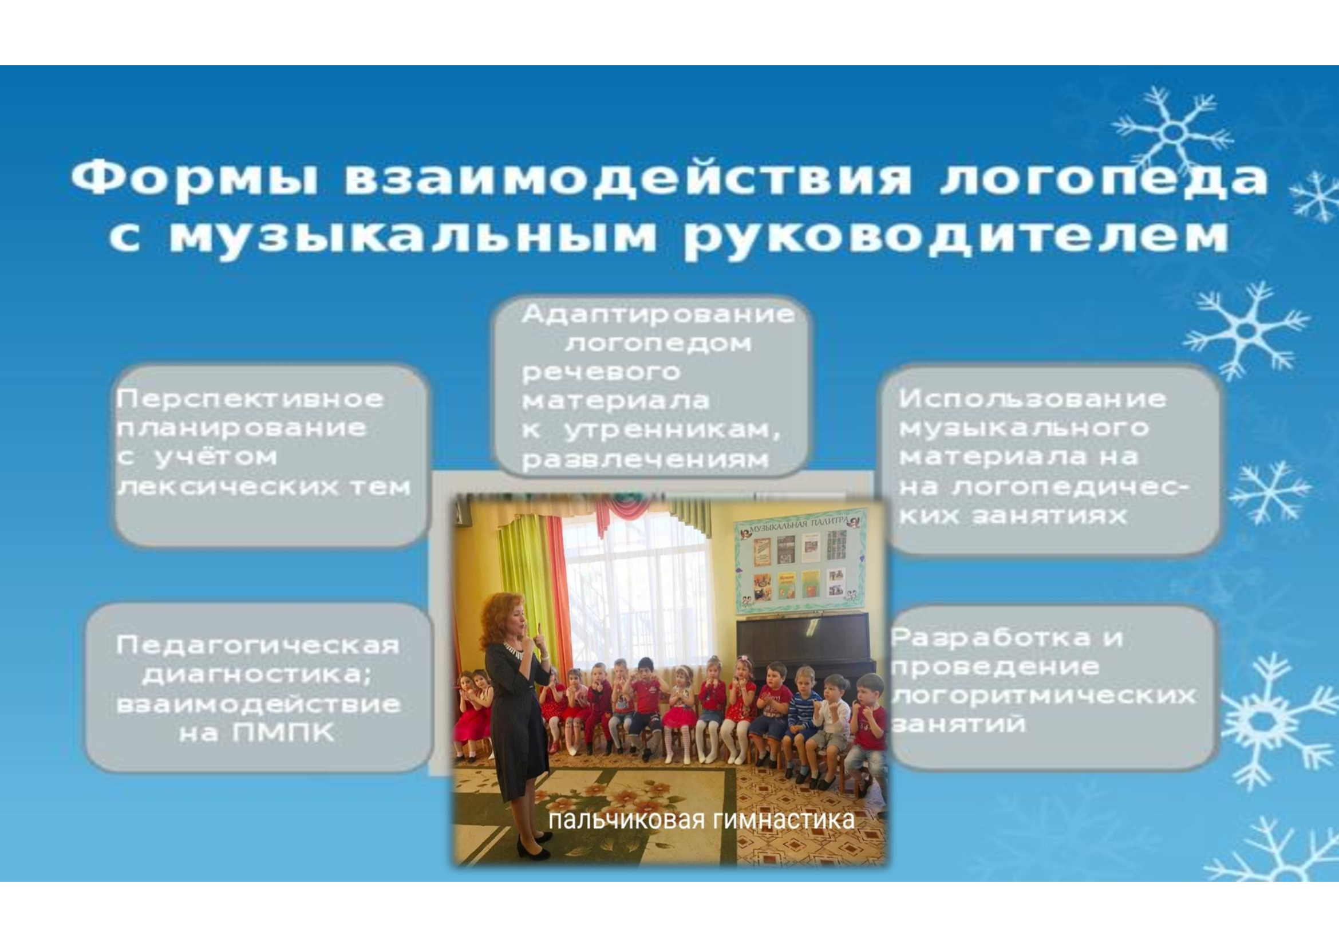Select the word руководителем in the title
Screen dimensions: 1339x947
click(957, 237)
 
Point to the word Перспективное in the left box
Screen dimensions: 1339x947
click(250, 400)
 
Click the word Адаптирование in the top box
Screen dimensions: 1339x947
click(658, 315)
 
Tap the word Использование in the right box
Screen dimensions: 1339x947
click(1033, 400)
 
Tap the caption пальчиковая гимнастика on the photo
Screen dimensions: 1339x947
click(702, 820)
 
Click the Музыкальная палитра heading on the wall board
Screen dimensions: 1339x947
click(797, 523)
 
